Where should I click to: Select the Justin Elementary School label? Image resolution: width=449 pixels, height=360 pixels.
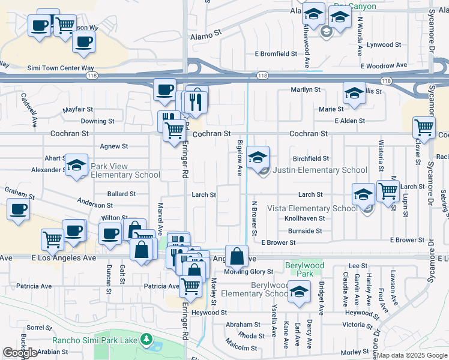320,170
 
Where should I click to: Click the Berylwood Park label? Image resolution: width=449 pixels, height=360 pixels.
305,269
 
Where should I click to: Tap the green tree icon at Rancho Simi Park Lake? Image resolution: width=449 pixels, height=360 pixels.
146,340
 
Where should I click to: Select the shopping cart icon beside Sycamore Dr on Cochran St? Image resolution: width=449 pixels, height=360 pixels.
424,128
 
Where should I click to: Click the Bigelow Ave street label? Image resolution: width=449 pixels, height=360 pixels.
240,157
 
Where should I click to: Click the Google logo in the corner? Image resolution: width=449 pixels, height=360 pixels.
20,353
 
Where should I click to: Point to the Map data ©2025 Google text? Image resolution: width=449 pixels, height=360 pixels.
412,355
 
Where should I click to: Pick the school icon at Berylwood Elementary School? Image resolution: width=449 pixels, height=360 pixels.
298,291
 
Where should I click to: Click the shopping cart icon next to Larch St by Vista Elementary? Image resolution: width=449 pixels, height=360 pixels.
388,191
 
